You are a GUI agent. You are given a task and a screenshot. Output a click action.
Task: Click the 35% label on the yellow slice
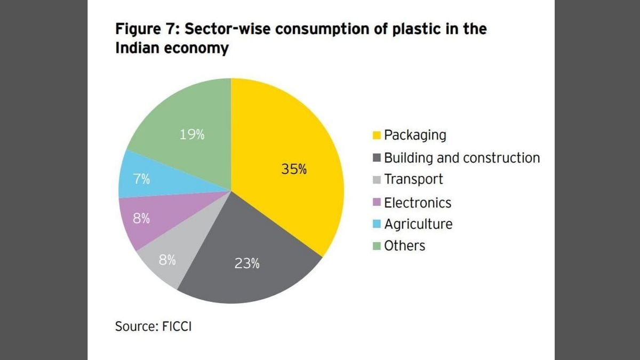[294, 170]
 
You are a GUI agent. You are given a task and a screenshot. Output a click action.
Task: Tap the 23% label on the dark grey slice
[247, 263]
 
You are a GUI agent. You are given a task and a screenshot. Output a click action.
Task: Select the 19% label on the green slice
[192, 135]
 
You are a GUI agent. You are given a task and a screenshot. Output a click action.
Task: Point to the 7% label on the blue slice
[141, 179]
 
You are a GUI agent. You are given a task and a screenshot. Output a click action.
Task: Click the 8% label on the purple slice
[141, 219]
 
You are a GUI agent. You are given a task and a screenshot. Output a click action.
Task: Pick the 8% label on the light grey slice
[167, 261]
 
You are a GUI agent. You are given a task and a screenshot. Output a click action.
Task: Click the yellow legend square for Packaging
[377, 135]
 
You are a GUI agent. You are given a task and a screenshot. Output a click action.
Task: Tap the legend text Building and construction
[462, 158]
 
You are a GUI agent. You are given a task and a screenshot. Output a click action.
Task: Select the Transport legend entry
[413, 179]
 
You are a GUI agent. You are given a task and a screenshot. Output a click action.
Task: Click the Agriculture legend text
[418, 224]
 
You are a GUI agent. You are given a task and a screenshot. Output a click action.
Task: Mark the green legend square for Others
[377, 246]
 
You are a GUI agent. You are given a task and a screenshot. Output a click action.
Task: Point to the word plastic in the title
[412, 29]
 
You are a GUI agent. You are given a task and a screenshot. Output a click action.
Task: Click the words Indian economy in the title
[172, 48]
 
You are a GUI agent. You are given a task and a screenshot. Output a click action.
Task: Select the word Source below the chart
[133, 326]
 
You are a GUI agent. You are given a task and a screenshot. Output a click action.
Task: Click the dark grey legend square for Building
[377, 158]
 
